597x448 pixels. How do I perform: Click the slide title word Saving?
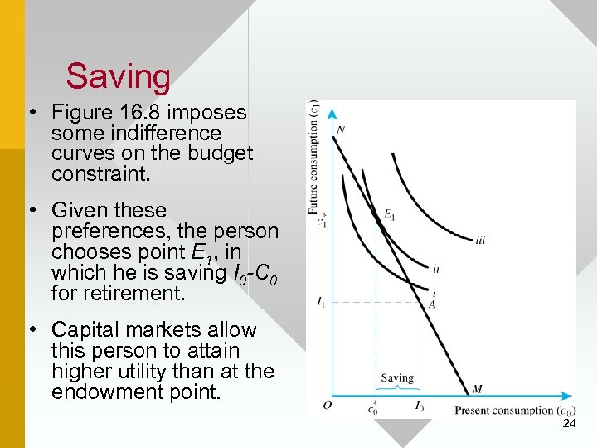119,76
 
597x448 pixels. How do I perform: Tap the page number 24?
569,424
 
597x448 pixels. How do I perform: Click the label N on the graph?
341,129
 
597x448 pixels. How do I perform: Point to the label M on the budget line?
477,388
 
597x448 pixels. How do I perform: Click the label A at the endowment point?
432,304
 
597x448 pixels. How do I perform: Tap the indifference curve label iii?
481,241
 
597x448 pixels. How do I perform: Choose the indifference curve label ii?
436,268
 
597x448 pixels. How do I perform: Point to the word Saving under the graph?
396,378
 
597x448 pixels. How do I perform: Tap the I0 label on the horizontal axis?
420,407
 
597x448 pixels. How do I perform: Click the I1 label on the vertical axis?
320,302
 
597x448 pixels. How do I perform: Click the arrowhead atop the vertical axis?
332,113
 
